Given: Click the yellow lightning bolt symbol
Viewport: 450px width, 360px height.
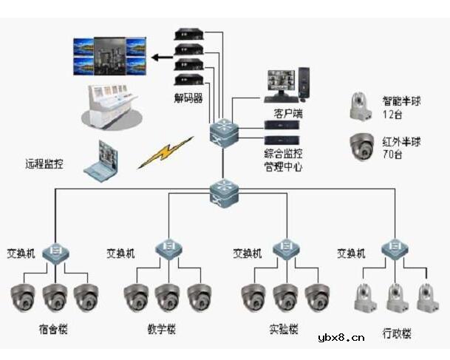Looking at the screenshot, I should [166, 152].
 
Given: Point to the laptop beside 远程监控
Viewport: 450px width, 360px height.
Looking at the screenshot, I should [101, 161].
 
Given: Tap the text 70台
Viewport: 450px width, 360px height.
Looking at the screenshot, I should [392, 154].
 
